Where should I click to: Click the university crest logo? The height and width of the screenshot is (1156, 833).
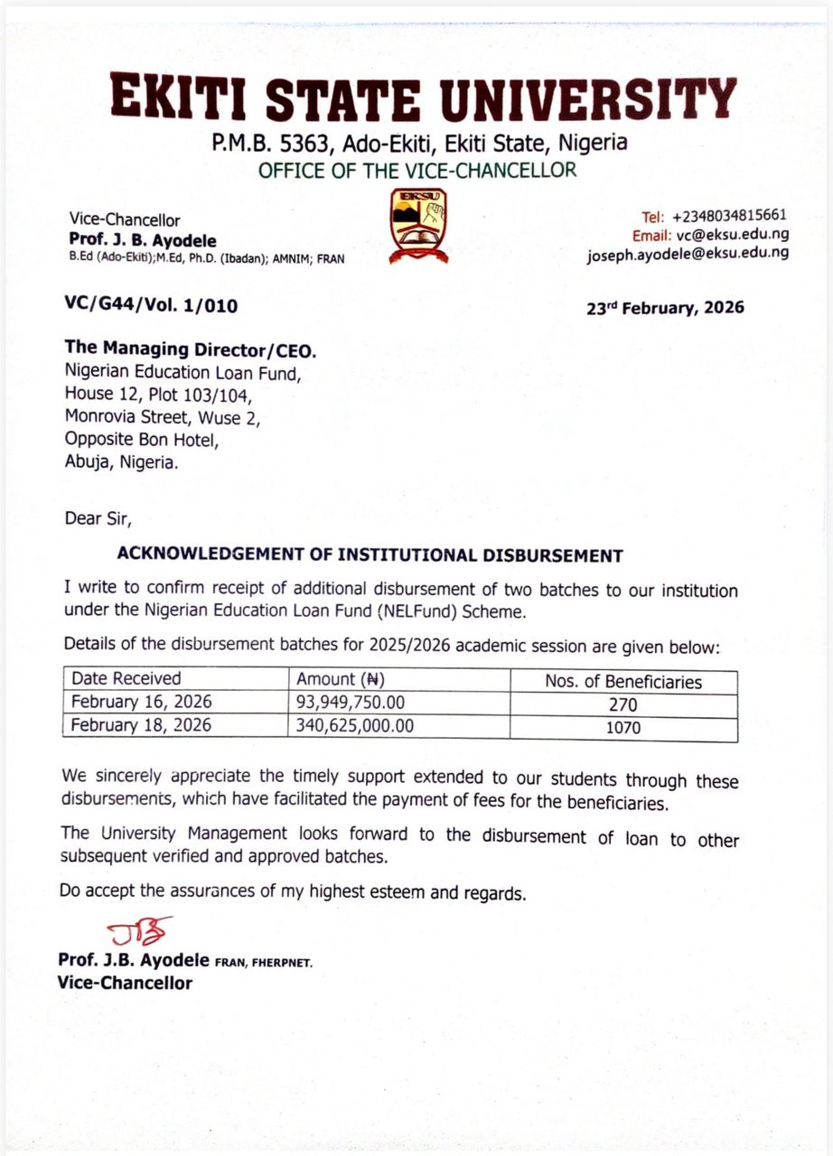pyautogui.click(x=418, y=226)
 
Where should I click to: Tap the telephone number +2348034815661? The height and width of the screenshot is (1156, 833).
pyautogui.click(x=727, y=216)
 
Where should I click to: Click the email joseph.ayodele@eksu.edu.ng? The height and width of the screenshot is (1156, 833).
pyautogui.click(x=687, y=254)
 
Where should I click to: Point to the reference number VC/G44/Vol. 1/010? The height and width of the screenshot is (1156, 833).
pyautogui.click(x=151, y=306)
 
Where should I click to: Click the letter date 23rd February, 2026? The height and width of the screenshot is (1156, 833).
pyautogui.click(x=666, y=308)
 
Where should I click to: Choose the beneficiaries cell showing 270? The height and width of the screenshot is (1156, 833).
pyautogui.click(x=622, y=705)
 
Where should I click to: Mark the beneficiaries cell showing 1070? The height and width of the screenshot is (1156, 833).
pyautogui.click(x=622, y=726)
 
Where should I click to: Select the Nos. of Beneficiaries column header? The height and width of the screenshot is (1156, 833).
pyautogui.click(x=622, y=682)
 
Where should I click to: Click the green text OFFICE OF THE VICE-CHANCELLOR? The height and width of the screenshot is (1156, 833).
pyautogui.click(x=417, y=170)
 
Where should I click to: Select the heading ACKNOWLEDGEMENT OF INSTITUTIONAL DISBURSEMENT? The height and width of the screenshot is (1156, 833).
pyautogui.click(x=370, y=555)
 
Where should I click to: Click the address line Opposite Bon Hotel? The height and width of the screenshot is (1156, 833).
pyautogui.click(x=141, y=440)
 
